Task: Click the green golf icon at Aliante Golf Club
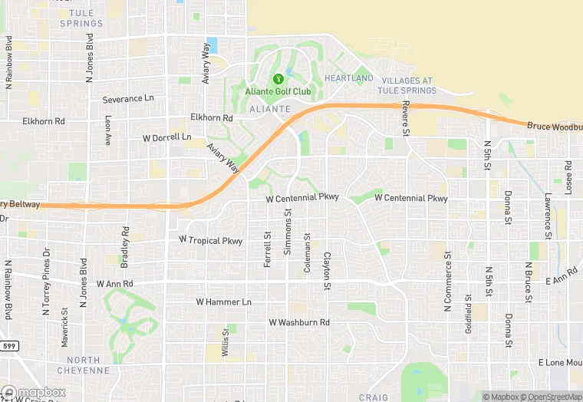(278, 78)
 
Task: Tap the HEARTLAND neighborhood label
(348, 78)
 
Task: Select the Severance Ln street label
(128, 99)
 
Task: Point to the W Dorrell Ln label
(167, 137)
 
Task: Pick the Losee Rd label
(568, 177)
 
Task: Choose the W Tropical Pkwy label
(210, 240)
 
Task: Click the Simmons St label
(288, 233)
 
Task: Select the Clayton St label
(327, 271)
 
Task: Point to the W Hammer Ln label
(224, 302)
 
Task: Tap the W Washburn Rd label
(298, 323)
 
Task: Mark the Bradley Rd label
(125, 242)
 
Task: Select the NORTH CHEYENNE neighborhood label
(84, 364)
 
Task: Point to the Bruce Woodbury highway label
(554, 125)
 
